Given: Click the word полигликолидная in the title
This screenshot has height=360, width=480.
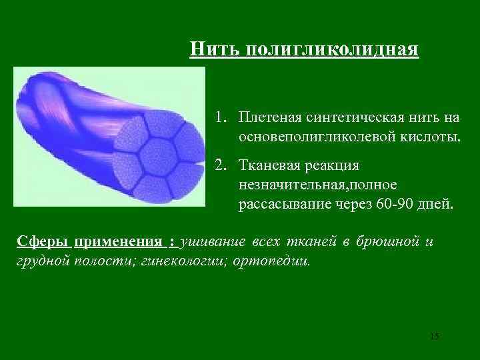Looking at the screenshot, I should (333, 49).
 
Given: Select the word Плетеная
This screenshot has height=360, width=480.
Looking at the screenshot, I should (269, 118).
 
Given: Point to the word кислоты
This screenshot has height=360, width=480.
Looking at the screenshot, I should (431, 138).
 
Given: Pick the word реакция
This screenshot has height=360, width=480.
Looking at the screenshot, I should (335, 165).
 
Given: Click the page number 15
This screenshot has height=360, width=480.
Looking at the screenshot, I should (434, 335).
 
